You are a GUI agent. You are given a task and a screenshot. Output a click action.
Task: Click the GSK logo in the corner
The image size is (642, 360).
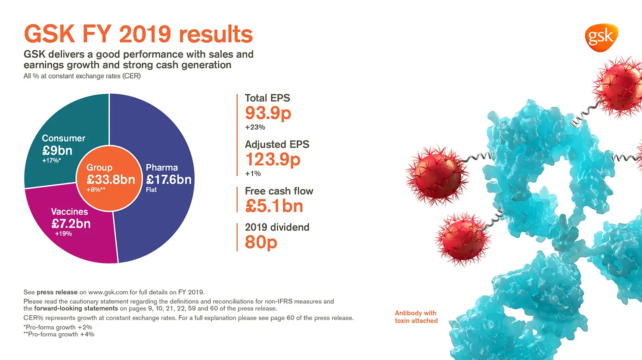601,38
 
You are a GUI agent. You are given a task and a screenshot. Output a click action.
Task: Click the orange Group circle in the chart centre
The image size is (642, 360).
110,178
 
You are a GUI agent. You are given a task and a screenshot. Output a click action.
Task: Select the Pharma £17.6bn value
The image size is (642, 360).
169,179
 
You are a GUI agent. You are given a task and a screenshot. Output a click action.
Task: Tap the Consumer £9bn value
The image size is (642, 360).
57,151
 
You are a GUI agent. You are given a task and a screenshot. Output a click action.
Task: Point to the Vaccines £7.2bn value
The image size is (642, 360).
71,224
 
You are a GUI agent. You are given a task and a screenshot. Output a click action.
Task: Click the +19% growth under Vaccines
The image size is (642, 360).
63,234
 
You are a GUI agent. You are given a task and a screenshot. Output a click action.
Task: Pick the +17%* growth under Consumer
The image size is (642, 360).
51,161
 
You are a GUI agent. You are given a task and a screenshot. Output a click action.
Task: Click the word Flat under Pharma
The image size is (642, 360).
151,190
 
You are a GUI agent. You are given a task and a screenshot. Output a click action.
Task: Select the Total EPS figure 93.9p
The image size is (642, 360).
268,113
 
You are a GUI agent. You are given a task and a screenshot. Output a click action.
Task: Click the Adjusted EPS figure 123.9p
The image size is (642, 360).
273,160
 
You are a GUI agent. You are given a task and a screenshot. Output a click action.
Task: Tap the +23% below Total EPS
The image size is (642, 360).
255,127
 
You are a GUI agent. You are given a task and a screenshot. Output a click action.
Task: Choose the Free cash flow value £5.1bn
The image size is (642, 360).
274,206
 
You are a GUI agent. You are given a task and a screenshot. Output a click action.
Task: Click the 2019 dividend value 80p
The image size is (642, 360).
261,242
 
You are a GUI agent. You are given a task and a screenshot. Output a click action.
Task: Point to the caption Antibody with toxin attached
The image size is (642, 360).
416,317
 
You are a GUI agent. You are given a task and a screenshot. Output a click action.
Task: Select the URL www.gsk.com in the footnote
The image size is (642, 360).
108,292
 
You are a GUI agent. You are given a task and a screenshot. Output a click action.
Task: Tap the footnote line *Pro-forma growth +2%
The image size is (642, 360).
58,327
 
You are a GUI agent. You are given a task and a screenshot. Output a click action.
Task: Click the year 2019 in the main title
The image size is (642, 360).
145,34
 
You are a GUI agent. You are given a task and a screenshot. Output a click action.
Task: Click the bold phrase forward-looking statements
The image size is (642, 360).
76,308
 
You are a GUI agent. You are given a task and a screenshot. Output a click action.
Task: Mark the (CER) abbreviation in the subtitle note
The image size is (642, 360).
131,76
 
